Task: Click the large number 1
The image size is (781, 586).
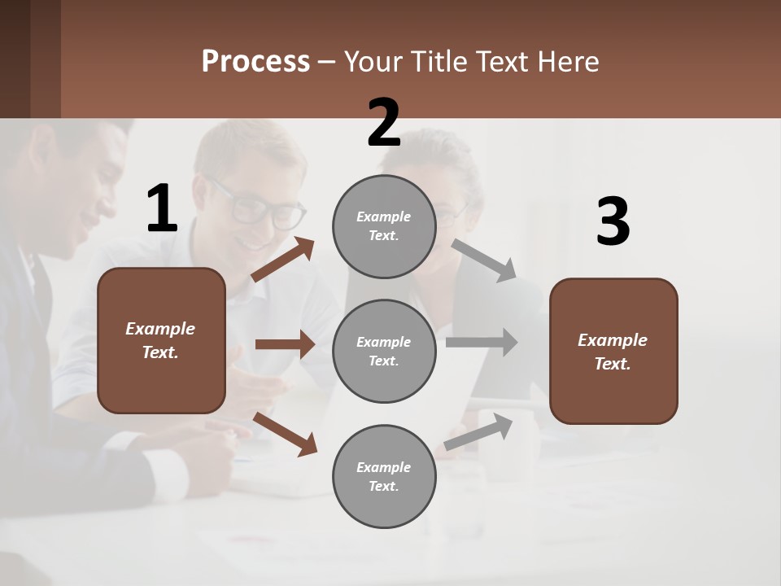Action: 162,209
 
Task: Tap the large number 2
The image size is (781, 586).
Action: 384,123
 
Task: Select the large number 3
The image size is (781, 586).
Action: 613,222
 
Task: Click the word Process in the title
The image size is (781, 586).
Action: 255,61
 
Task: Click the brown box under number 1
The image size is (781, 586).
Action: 161,340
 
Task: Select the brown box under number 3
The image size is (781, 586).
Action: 613,351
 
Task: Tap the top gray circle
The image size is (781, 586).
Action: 384,226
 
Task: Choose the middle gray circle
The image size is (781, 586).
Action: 384,351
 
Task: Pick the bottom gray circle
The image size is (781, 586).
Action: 384,476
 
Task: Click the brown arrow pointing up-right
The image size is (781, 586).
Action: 283,260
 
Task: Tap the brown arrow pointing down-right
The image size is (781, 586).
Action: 285,434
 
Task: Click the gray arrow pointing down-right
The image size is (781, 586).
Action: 484,260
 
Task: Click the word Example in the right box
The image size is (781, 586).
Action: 613,340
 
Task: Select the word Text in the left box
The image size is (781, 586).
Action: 160,352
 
